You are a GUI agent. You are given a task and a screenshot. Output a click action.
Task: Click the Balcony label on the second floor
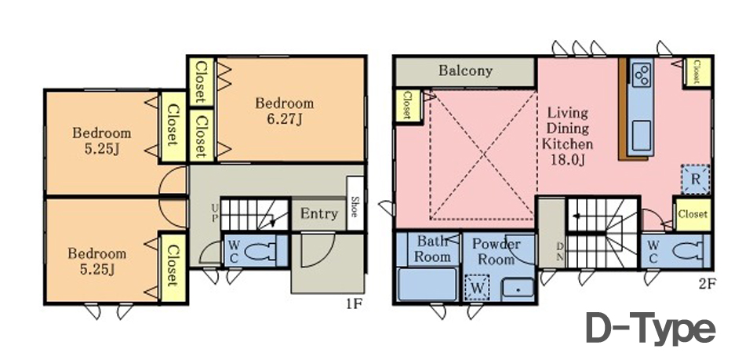(465, 71)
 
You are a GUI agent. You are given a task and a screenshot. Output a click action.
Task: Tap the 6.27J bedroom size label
(285, 118)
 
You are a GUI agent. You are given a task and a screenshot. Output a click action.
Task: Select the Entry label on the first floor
(319, 213)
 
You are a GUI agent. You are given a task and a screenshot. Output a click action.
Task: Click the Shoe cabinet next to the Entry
(355, 203)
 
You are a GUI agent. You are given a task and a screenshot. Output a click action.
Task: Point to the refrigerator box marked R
(695, 180)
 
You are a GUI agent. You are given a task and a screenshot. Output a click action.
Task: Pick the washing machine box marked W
(477, 288)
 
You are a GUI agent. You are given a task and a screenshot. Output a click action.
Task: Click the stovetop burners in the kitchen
(641, 75)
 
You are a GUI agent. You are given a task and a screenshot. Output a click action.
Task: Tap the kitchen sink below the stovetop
(641, 135)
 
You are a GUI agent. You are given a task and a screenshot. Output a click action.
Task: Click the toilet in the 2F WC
(689, 250)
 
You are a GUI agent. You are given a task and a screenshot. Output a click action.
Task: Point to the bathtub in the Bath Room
(427, 284)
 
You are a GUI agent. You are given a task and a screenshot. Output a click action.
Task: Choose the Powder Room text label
(496, 252)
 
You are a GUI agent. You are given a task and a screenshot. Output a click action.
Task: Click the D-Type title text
(651, 329)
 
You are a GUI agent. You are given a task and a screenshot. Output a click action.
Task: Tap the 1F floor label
(354, 304)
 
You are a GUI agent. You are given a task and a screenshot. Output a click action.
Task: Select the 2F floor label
(707, 284)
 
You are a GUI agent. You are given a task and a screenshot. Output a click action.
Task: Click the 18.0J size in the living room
(568, 159)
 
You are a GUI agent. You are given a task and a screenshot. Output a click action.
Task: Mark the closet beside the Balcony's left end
(408, 106)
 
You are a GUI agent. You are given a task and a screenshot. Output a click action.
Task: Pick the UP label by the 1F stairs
(214, 213)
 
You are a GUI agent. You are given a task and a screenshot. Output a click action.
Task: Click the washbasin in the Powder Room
(518, 289)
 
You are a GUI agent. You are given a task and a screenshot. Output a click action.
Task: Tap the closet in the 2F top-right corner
(697, 72)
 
